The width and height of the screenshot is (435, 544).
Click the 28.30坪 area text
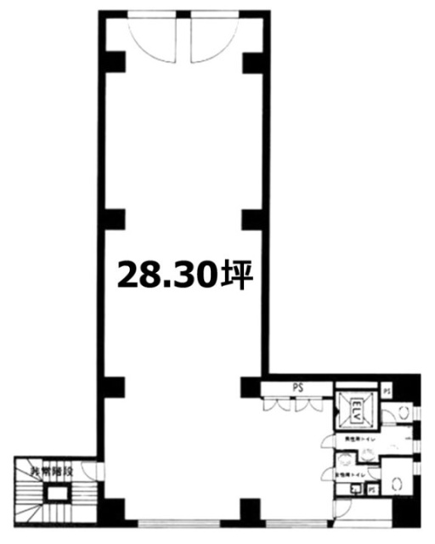(185, 275)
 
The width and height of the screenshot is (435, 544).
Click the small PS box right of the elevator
(387, 390)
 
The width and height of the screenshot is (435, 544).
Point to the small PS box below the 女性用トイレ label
(372, 490)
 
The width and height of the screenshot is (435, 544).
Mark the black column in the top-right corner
(251, 61)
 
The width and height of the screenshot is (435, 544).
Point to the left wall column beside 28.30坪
(114, 219)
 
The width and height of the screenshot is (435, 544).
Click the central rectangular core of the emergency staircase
(57, 495)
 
